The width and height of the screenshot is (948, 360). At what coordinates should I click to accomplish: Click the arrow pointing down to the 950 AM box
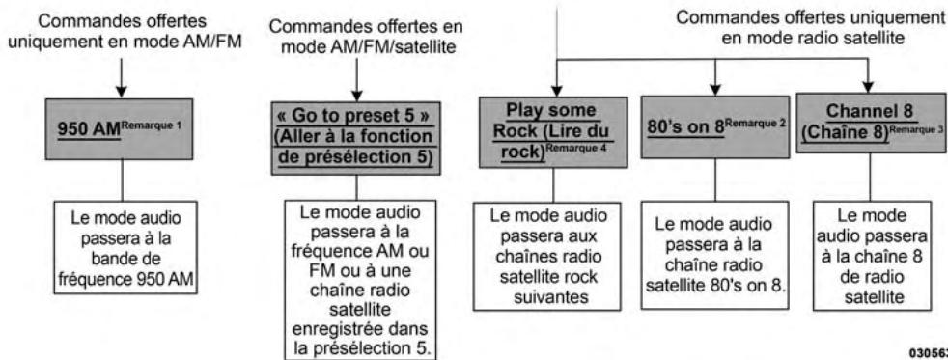(120, 82)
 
